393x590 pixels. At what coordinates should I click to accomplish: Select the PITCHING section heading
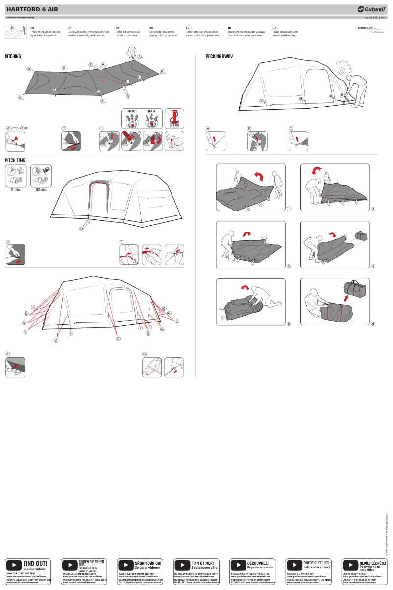pos(13,57)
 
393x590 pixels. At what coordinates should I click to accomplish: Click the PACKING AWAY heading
pos(219,57)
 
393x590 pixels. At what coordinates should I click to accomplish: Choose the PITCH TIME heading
pos(15,160)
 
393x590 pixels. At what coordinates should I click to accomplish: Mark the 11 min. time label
pos(16,190)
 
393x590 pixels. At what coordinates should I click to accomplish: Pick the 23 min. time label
pos(41,190)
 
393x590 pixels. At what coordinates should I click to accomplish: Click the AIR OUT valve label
pos(132,111)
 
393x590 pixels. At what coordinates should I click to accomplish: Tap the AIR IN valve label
pos(152,111)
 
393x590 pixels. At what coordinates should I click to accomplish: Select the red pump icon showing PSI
pos(174,118)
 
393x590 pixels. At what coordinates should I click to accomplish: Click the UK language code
pos(32,28)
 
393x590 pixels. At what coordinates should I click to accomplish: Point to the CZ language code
pos(274,28)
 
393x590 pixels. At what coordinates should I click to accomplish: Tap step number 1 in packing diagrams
pos(289,210)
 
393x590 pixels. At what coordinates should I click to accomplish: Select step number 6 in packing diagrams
pos(373,324)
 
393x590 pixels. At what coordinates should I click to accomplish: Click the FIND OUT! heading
pos(35,563)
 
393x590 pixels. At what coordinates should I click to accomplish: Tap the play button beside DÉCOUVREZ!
pos(238,565)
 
